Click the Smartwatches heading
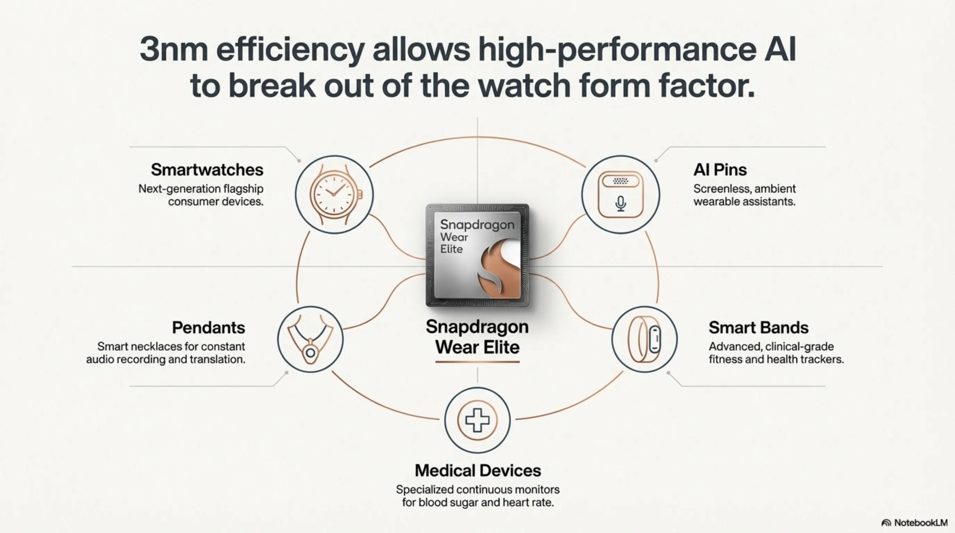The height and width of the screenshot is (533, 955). pyautogui.click(x=207, y=170)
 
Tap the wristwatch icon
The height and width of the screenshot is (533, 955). pyautogui.click(x=335, y=195)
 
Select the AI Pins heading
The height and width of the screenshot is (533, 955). pyautogui.click(x=720, y=170)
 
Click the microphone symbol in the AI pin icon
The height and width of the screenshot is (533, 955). pyautogui.click(x=620, y=203)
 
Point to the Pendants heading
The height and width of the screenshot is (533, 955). pyautogui.click(x=208, y=328)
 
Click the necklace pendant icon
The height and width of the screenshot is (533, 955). pyautogui.click(x=310, y=339)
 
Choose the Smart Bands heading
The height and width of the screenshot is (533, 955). pyautogui.click(x=759, y=328)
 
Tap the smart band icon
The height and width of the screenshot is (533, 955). pyautogui.click(x=644, y=339)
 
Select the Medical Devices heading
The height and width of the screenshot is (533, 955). pyautogui.click(x=477, y=471)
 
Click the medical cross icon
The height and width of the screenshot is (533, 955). pyautogui.click(x=477, y=420)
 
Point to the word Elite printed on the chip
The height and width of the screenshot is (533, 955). pyautogui.click(x=451, y=249)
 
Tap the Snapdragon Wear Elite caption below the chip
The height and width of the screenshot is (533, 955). pyautogui.click(x=477, y=337)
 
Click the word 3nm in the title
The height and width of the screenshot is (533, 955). pyautogui.click(x=173, y=50)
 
